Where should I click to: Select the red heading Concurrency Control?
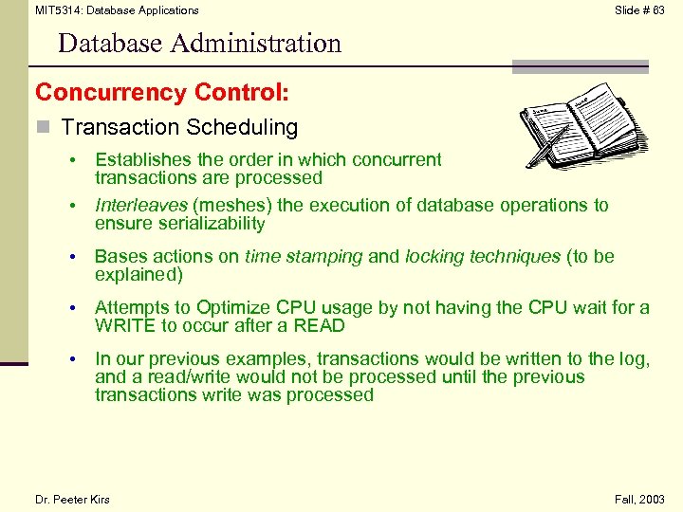point(162,93)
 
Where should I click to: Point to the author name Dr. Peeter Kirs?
point(72,500)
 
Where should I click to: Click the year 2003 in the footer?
point(653,500)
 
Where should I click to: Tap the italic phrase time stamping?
point(304,256)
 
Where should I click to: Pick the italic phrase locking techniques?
point(482,256)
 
